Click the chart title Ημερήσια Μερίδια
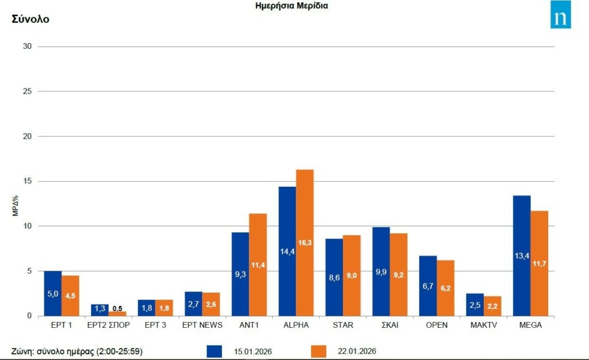(x=292, y=6)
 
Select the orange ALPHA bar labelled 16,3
(x=304, y=242)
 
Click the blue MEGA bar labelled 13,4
(x=522, y=255)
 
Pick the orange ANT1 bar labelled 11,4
(x=258, y=265)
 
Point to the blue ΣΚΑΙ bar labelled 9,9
(x=381, y=271)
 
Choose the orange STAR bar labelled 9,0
(x=351, y=275)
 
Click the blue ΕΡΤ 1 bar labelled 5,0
(x=52, y=293)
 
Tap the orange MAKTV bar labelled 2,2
(x=492, y=306)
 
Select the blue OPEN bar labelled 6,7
(x=428, y=286)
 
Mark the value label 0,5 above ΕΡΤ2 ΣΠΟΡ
(x=117, y=308)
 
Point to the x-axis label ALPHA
(x=296, y=325)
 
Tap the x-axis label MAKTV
(x=484, y=325)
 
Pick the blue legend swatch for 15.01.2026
(x=215, y=351)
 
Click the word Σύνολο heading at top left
(x=30, y=19)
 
